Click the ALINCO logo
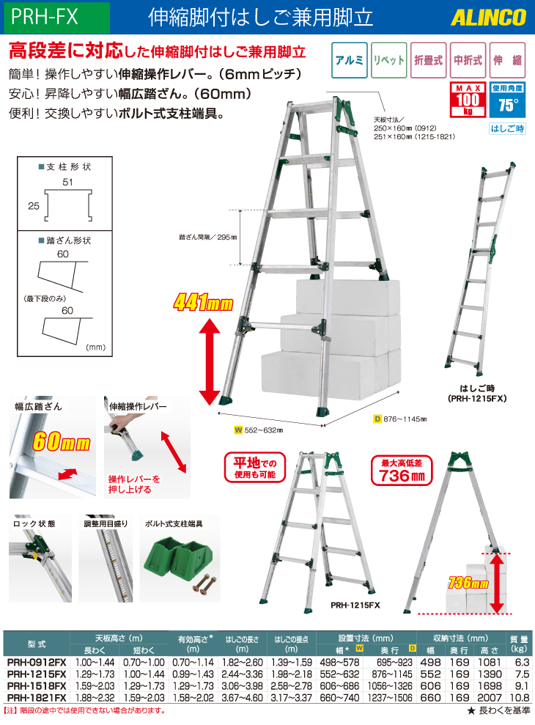(x=488, y=18)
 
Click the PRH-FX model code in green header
(x=45, y=17)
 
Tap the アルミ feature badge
(x=350, y=60)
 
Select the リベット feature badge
(x=389, y=60)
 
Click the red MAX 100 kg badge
(x=468, y=100)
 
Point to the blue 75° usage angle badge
(x=507, y=100)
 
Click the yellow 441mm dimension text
(x=204, y=303)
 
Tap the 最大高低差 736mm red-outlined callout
(x=402, y=471)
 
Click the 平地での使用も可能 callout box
(x=255, y=468)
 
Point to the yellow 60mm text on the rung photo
(x=61, y=441)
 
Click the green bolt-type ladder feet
(x=179, y=558)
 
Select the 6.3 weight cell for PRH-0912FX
(x=522, y=662)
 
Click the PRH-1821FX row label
(x=37, y=697)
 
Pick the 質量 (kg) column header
(x=519, y=644)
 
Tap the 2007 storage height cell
(x=490, y=697)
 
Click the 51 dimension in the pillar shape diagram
(x=67, y=183)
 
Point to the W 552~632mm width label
(x=259, y=430)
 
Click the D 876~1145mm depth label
(x=400, y=419)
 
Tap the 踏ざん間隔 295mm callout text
(x=208, y=238)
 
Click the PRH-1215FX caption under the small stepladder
(x=355, y=605)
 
